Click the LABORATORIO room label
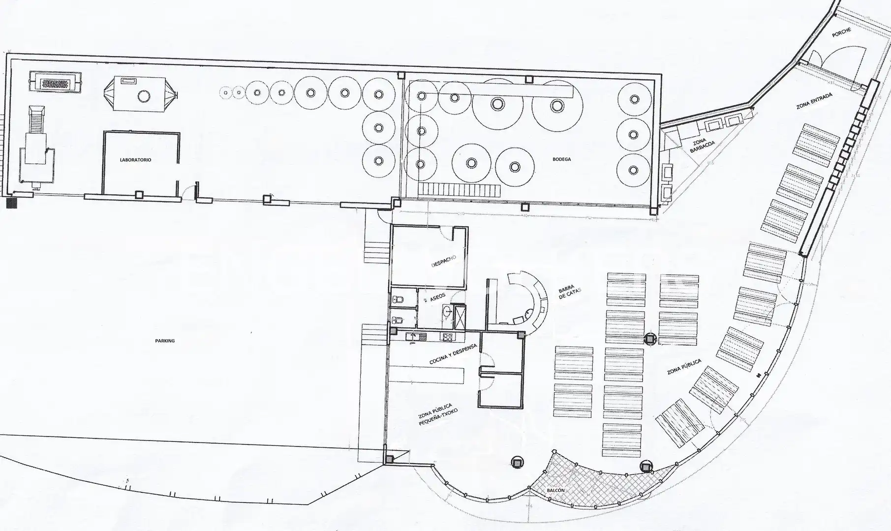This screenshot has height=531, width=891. pos(136,160)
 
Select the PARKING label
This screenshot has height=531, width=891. pos(165,341)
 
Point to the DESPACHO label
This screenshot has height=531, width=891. pos(443,261)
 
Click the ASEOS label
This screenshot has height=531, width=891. pos(438,297)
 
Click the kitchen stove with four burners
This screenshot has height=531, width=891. pos(447,337)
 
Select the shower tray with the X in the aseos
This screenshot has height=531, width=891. pos(461,317)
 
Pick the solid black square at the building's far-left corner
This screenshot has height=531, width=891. pos(11,203)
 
